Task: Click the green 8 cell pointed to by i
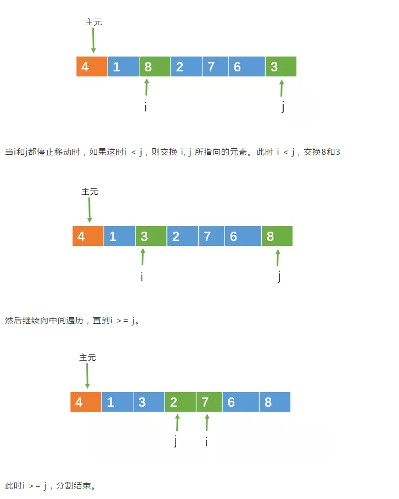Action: [155, 66]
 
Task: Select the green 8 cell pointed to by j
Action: [277, 236]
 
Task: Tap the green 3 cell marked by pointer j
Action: [280, 66]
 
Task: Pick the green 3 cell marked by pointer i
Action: [151, 236]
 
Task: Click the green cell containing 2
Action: [180, 402]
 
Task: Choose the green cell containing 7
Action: [209, 402]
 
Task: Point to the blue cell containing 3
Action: [149, 402]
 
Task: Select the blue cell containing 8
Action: [274, 402]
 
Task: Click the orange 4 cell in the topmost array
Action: [92, 66]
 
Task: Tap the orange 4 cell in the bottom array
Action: [86, 402]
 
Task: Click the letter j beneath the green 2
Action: [176, 441]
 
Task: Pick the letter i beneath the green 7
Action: [206, 441]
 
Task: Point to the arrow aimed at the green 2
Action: [177, 422]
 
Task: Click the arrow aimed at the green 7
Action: [207, 422]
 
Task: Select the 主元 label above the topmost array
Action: [93, 22]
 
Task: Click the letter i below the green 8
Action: [145, 107]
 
